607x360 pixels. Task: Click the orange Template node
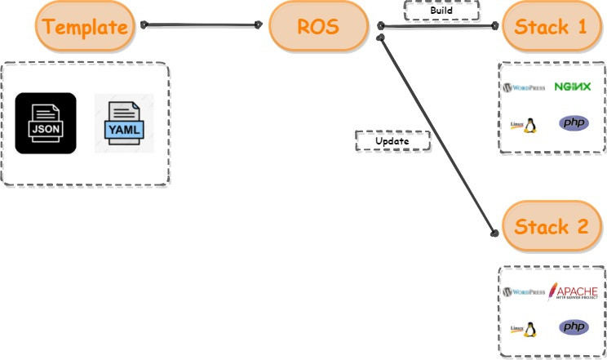pos(85,26)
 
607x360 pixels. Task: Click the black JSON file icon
pos(46,123)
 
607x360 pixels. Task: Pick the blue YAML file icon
pos(123,123)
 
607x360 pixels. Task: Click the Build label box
pos(441,11)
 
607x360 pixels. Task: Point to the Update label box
pos(392,141)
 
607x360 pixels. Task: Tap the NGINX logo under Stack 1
pos(572,87)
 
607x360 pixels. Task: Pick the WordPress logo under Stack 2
pos(526,291)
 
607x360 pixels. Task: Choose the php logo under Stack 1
pos(573,123)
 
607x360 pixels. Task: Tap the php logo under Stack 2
pos(573,327)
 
